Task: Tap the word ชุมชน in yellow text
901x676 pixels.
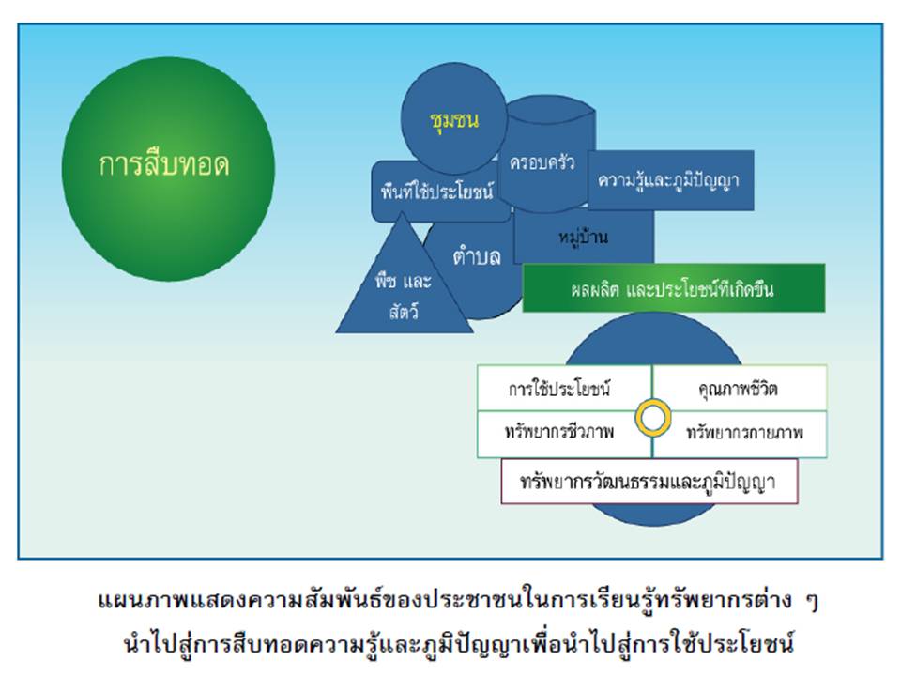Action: pyautogui.click(x=453, y=120)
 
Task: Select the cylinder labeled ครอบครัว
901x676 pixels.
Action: pyautogui.click(x=542, y=161)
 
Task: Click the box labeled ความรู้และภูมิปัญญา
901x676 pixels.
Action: pyautogui.click(x=668, y=178)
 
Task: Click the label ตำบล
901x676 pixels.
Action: pyautogui.click(x=477, y=256)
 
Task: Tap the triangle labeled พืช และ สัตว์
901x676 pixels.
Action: pyautogui.click(x=404, y=286)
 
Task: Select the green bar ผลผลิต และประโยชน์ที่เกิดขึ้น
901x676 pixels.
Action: pyautogui.click(x=673, y=288)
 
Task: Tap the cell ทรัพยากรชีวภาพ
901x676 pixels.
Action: pyautogui.click(x=559, y=434)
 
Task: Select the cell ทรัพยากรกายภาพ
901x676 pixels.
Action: pyautogui.click(x=744, y=434)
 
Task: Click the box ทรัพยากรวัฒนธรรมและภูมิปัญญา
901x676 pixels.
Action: pyautogui.click(x=649, y=482)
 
